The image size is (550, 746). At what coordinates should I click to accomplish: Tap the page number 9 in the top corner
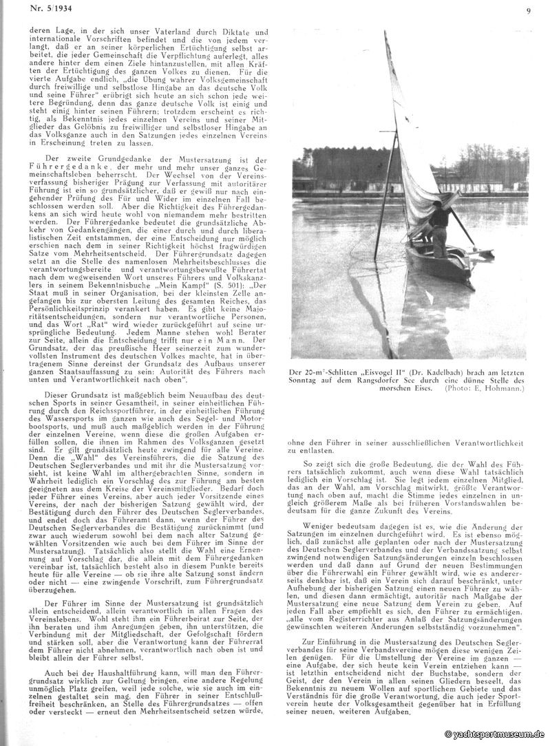click(x=527, y=10)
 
